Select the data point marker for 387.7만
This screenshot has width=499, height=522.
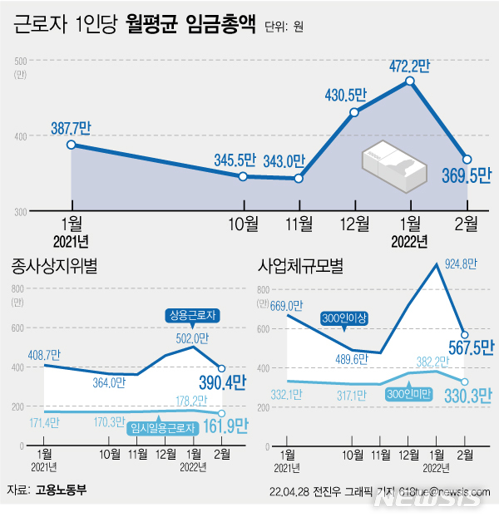(72, 145)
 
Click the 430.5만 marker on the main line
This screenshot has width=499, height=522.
(354, 112)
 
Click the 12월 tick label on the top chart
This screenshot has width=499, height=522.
(355, 224)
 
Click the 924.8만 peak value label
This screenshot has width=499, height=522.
(459, 265)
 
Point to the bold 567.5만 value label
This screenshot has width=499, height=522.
(467, 347)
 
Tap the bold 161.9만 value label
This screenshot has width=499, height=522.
(225, 426)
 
